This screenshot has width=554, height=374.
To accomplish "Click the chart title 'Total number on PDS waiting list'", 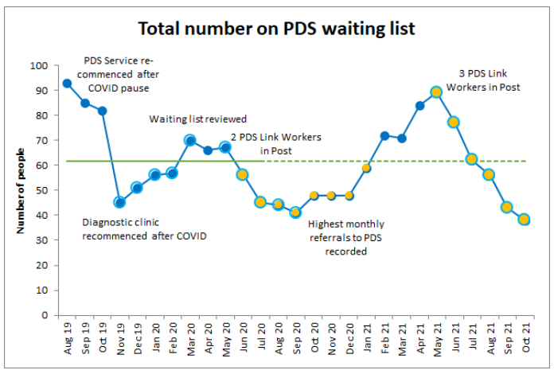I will (x=276, y=29).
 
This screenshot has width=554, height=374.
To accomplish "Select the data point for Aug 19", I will (x=67, y=83).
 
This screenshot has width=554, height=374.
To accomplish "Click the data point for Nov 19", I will (x=119, y=202).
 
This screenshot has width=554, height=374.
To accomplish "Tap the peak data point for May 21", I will (x=436, y=92).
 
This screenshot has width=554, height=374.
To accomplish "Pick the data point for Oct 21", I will (x=524, y=220).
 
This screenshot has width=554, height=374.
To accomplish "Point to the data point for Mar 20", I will (x=190, y=140).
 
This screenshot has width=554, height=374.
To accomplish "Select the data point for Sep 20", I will (x=295, y=212).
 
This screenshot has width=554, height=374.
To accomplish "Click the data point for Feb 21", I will (x=384, y=135).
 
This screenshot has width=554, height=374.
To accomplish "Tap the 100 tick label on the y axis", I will (x=39, y=65).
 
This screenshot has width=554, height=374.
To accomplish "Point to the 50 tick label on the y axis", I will (x=42, y=190).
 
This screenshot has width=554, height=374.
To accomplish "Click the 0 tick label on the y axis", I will (x=45, y=315).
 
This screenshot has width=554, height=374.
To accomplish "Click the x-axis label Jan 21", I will (x=366, y=338).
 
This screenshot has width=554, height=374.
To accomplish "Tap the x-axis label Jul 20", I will (x=260, y=338).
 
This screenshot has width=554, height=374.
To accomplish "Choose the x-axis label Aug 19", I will (x=67, y=338).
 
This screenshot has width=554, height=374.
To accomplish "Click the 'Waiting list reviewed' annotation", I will (x=197, y=119).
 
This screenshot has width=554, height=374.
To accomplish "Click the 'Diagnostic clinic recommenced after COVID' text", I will (x=144, y=229).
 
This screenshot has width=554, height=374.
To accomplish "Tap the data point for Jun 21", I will (x=454, y=122).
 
